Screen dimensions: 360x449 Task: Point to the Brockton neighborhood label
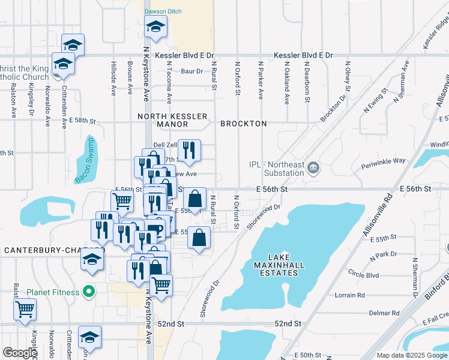(243, 124)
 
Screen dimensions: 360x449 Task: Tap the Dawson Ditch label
(164, 11)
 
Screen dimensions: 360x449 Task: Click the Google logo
(20, 353)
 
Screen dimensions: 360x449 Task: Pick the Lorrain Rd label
(350, 295)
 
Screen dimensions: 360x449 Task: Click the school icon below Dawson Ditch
(155, 27)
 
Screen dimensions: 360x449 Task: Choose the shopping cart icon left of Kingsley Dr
(26, 310)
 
